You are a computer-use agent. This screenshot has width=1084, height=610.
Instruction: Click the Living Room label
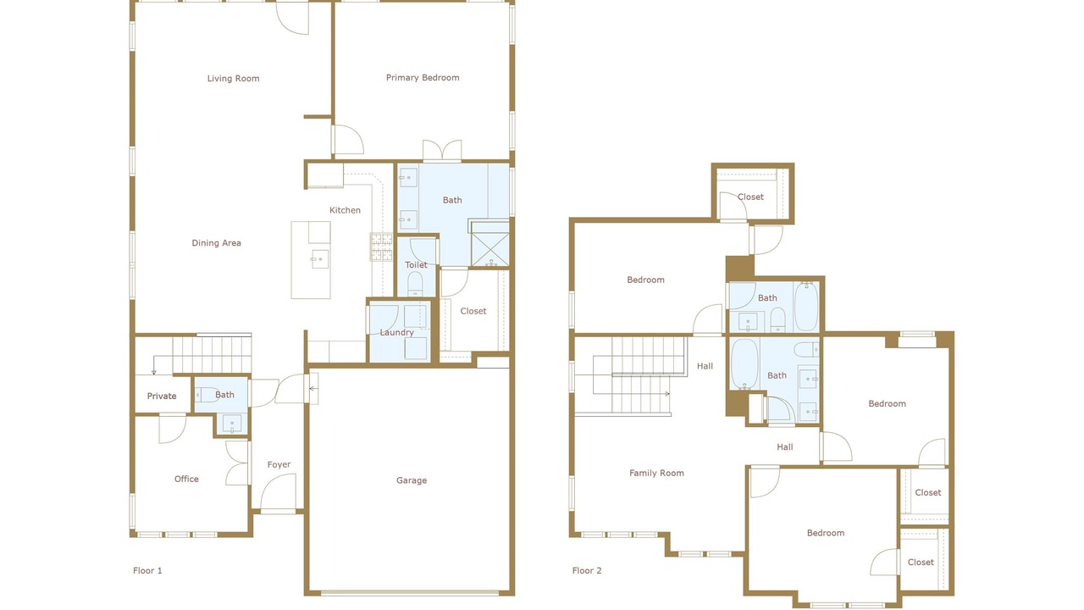(x=233, y=79)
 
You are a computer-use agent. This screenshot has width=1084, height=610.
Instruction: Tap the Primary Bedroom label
(x=423, y=77)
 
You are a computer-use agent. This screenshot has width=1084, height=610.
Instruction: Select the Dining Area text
(x=216, y=243)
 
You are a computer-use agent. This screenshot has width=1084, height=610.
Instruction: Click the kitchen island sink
(x=319, y=259)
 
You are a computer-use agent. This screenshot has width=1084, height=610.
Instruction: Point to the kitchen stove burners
(x=381, y=247)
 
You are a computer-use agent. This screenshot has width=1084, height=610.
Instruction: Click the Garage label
(x=412, y=480)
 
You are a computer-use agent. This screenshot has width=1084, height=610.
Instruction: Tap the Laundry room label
(x=397, y=333)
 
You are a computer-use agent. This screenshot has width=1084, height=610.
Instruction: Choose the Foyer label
(x=279, y=465)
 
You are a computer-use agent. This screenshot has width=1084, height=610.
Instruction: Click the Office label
(x=186, y=479)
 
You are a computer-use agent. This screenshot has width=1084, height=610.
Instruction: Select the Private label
(x=162, y=396)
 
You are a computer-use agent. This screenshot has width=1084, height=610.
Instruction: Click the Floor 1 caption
(x=147, y=571)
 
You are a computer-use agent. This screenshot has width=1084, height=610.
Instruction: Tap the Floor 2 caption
(x=587, y=571)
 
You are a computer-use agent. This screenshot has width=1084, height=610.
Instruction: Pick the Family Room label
(x=656, y=473)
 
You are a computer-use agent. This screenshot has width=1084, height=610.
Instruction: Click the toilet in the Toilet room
(x=415, y=284)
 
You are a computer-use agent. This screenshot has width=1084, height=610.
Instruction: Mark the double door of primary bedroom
(x=442, y=151)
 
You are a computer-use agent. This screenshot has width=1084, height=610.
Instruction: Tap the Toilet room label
(x=416, y=265)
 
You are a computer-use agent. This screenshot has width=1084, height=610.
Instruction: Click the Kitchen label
(x=345, y=210)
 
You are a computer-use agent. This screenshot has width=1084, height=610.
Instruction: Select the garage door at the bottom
(x=409, y=592)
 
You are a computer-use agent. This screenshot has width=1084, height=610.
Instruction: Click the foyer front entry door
(x=279, y=491)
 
